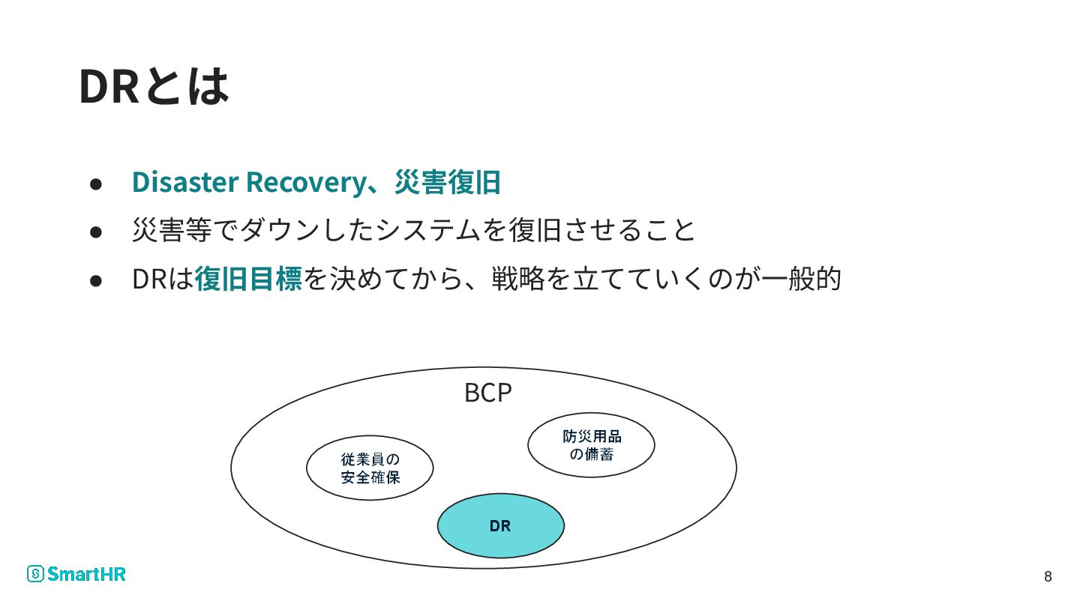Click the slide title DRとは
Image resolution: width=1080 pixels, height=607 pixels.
(x=153, y=86)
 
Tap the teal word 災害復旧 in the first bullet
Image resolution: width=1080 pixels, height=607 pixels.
(x=447, y=182)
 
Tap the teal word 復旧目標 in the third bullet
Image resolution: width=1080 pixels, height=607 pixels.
(x=247, y=279)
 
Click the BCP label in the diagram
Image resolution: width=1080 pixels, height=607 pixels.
(x=487, y=393)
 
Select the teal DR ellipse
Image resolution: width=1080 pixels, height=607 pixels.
(x=500, y=526)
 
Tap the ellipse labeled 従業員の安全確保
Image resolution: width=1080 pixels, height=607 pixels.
(x=370, y=468)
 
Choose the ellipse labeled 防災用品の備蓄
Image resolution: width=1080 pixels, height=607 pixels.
(x=591, y=444)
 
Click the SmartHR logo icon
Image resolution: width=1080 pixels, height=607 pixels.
(x=35, y=574)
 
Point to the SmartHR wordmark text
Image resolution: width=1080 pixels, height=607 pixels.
(x=86, y=574)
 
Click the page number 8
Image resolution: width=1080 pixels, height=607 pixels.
(x=1048, y=576)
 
